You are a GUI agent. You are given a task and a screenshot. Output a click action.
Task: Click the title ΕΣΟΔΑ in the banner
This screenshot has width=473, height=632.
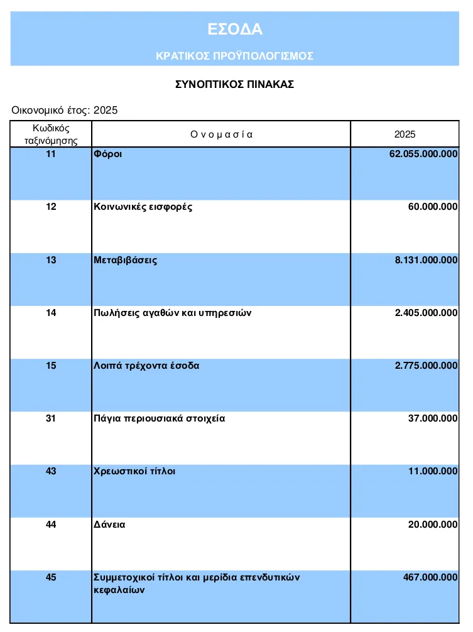coord(234,29)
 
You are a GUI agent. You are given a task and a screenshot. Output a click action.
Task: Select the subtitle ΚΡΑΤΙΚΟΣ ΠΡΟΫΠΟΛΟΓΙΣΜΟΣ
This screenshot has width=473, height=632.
coord(234,56)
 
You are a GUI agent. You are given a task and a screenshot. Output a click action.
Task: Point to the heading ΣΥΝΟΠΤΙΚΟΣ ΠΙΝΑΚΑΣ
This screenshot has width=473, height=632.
coord(234,84)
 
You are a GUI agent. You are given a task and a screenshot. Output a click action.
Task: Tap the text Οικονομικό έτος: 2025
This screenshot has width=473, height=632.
coord(65,111)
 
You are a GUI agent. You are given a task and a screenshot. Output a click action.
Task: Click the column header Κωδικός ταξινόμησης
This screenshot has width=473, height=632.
coord(51,134)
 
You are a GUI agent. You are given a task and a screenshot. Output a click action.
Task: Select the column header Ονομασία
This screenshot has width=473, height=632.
coord(221,134)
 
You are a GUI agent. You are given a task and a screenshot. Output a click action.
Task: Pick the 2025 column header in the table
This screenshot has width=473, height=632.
coord(405,134)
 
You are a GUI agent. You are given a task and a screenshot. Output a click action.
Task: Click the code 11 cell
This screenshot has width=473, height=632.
coord(51,154)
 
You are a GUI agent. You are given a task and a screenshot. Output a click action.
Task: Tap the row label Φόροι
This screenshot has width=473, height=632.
coord(107,154)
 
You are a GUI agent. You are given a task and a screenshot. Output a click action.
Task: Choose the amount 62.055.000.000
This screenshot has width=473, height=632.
coord(423,154)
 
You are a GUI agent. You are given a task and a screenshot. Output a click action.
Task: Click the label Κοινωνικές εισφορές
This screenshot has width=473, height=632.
coord(143,207)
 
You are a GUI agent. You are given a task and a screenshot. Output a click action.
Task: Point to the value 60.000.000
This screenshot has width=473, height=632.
coord(433,207)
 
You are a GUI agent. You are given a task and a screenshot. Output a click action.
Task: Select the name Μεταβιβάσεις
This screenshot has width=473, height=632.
coord(126,260)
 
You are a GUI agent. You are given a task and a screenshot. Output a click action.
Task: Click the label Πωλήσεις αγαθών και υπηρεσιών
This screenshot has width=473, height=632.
coord(173,313)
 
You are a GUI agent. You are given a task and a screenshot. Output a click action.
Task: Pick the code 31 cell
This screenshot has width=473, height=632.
coord(51,418)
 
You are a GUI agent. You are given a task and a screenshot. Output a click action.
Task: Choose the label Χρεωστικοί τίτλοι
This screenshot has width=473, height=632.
coord(134,471)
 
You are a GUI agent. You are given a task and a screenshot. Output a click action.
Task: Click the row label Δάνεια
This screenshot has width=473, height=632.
coord(109,524)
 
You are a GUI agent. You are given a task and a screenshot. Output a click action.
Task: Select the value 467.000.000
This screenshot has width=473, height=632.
coord(430,577)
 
